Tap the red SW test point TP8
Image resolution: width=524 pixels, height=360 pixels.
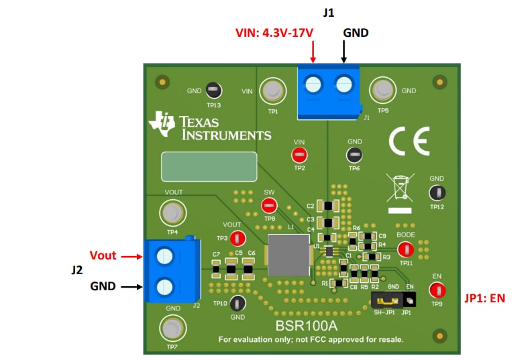tap(268, 205)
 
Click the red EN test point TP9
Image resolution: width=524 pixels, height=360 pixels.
tap(437, 290)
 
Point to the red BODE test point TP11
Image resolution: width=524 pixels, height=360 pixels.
tap(405, 249)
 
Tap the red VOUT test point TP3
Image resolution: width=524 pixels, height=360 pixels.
tap(237, 238)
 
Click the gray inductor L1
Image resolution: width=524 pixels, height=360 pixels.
tap(289, 255)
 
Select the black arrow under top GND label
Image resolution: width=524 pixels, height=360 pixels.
tap(344, 52)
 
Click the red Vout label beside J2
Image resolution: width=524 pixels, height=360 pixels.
tap(103, 255)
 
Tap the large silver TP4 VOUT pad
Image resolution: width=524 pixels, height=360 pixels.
tap(172, 214)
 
